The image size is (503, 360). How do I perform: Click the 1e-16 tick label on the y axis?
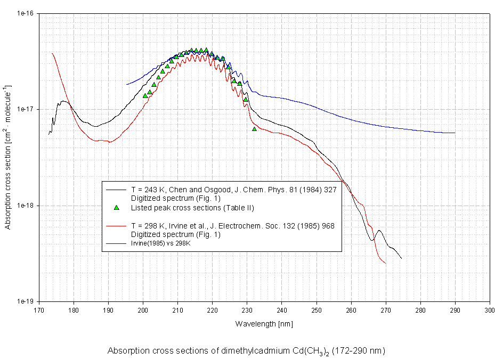[x=25, y=13]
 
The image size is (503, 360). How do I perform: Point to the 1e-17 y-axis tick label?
[x=25, y=109]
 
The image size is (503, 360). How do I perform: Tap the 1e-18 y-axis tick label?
[x=25, y=205]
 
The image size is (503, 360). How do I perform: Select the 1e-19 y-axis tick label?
[x=25, y=301]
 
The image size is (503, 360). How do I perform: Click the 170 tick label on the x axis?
[x=39, y=310]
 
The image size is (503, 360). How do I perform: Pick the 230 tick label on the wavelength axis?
[x=247, y=310]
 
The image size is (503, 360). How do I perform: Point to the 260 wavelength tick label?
[x=351, y=310]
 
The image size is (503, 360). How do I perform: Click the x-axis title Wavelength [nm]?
[x=264, y=324]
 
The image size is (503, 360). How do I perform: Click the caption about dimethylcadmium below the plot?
[x=246, y=351]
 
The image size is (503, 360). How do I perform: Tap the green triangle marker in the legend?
[x=117, y=207]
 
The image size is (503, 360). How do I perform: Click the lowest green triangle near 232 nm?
[x=254, y=129]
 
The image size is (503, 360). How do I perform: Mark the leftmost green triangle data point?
[x=145, y=96]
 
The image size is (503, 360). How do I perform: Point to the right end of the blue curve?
[x=455, y=133]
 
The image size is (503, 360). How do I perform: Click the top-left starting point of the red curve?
[x=52, y=53]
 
